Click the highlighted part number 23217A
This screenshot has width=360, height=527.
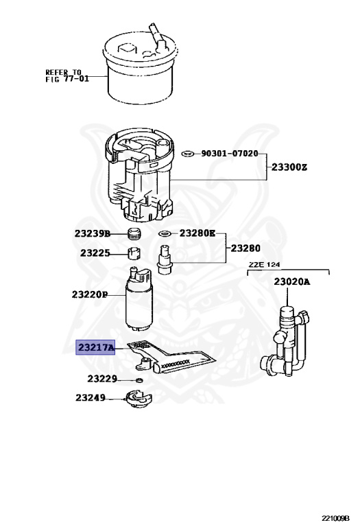point(95,348)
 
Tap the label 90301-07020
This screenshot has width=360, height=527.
point(230,154)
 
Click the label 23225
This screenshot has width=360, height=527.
point(95,253)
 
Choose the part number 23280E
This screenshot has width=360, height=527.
point(197,233)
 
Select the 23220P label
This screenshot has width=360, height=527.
point(90,294)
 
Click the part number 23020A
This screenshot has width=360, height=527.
point(291,282)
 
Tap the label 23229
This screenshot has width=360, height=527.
point(101,378)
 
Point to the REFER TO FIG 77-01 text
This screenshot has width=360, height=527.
point(63,75)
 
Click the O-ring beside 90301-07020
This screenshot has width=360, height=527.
point(187,154)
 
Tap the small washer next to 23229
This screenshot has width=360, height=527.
point(140,379)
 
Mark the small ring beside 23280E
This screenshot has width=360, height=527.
point(165,234)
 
